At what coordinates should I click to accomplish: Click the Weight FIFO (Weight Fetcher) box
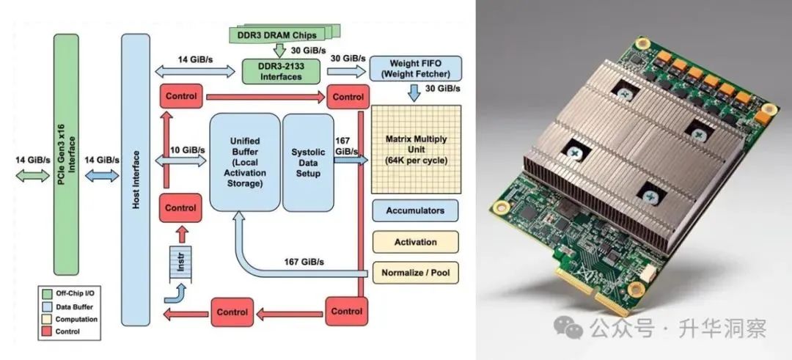[416, 68]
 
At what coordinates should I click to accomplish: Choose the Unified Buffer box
[245, 161]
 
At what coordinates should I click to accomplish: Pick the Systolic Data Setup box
[308, 161]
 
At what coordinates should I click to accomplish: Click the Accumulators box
[415, 210]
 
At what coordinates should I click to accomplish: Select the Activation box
[415, 242]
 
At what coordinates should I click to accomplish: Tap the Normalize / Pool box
[415, 273]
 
